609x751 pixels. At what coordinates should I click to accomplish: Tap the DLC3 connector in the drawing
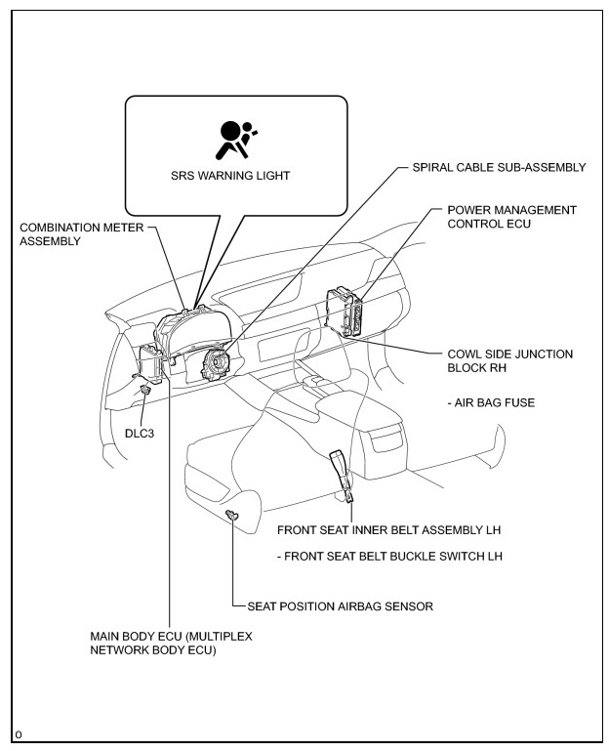pyautogui.click(x=145, y=390)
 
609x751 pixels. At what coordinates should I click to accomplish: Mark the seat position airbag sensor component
pyautogui.click(x=231, y=515)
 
